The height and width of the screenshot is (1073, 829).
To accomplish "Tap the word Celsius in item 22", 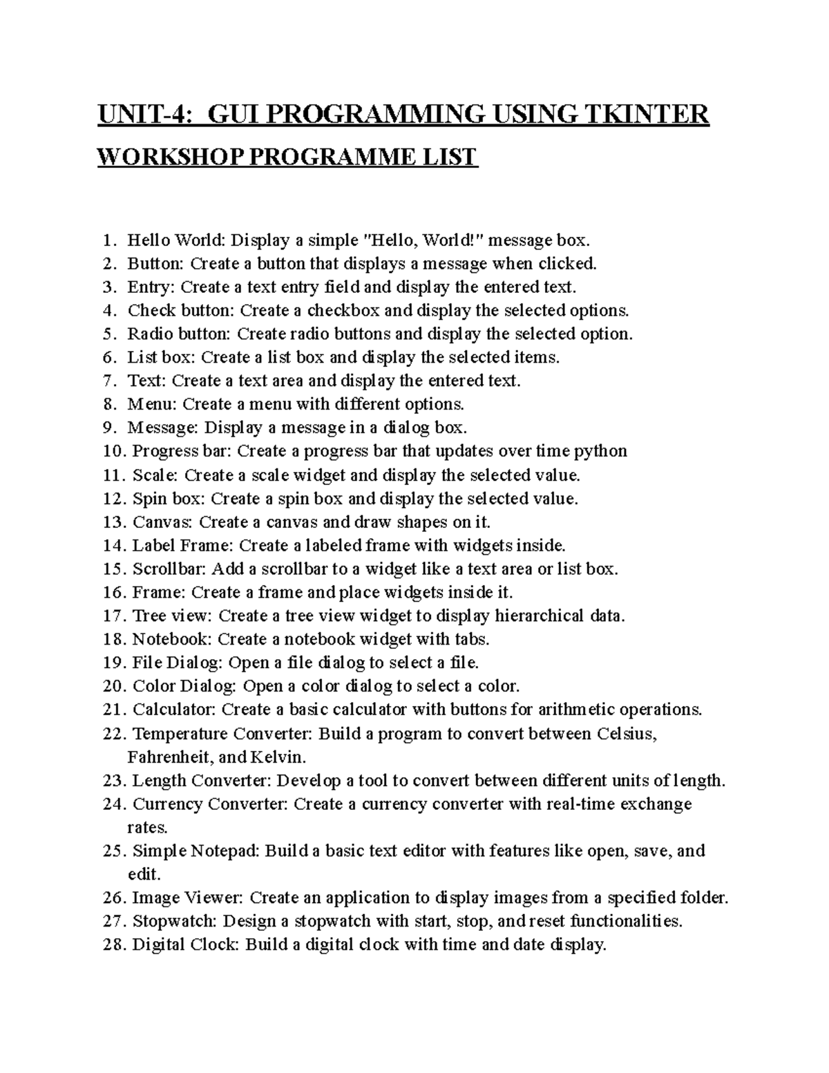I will (x=625, y=734).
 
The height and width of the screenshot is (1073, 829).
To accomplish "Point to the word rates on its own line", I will (x=146, y=828).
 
